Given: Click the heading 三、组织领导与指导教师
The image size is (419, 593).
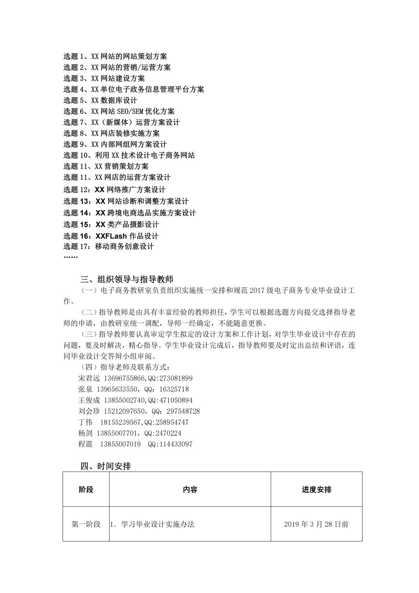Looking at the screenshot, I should point(127,279).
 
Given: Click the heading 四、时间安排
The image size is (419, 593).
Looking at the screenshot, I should point(106,466).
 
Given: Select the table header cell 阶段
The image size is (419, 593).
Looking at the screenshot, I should point(86,489).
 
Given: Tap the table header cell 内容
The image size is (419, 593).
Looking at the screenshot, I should point(190,489).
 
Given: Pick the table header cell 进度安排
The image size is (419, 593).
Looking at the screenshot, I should point(316,489).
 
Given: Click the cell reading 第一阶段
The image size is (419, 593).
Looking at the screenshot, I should point(86,524).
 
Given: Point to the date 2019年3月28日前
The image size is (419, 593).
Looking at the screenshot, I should point(316,524).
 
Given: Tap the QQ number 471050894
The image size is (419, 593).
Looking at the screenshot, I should point(176,400).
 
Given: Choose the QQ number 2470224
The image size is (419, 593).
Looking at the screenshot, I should point(168,433).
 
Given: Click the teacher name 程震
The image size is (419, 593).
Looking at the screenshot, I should point(85,444).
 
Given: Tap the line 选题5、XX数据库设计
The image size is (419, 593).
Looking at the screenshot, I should point(100,100).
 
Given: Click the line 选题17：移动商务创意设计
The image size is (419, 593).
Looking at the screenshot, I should point(108,247).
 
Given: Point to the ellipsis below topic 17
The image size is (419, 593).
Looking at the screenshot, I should point(70,257).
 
